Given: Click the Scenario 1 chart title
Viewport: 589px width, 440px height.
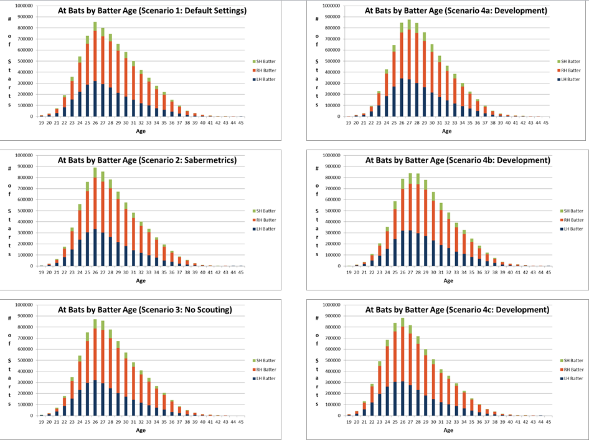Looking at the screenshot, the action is (152, 11).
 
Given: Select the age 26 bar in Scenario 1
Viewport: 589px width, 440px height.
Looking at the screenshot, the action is (95, 69).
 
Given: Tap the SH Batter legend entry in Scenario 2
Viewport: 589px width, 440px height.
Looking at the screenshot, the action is (265, 211).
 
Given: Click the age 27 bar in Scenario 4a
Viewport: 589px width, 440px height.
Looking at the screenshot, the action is (409, 68).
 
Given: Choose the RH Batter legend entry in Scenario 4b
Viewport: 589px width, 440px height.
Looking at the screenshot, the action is (572, 220).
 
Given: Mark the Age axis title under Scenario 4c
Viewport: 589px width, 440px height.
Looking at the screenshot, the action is (448, 430).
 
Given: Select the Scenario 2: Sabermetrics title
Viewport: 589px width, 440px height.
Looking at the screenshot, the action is (147, 160).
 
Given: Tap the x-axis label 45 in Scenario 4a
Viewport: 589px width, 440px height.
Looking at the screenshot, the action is (546, 123).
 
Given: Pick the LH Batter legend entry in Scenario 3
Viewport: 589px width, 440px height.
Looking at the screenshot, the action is (265, 378).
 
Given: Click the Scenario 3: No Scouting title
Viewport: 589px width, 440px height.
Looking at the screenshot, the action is (145, 310).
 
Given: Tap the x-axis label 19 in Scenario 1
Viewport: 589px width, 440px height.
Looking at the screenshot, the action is (41, 123).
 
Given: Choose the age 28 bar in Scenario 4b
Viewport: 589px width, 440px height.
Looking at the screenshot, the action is (418, 219).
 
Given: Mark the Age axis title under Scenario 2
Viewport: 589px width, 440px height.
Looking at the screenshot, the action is (141, 280).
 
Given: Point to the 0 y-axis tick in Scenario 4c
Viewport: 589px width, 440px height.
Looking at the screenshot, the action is (339, 416).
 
